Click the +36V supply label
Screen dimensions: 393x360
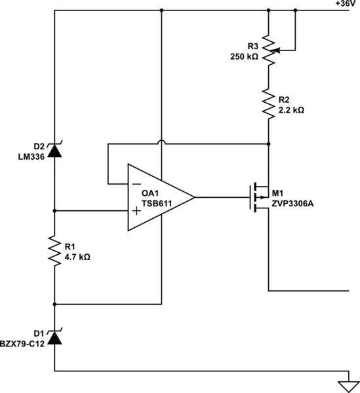[x=346, y=4]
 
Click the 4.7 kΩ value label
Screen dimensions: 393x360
[x=77, y=257]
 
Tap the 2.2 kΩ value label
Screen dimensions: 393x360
[x=290, y=110]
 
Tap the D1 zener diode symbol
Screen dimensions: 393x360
[x=54, y=337]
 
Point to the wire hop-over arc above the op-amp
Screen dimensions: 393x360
[x=161, y=142]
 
